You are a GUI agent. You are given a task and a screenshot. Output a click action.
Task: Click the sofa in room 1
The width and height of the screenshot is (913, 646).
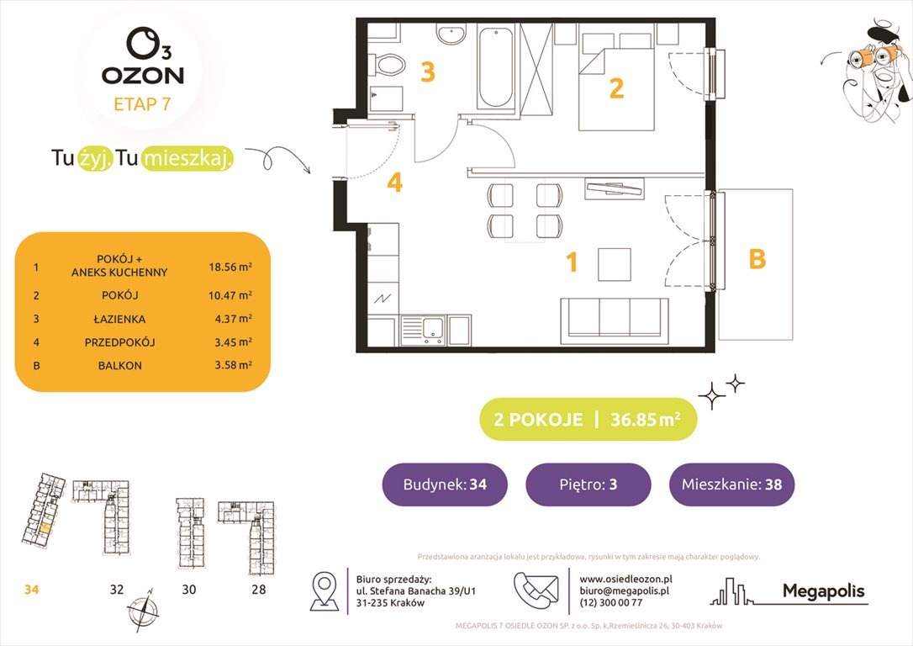click(x=614, y=317)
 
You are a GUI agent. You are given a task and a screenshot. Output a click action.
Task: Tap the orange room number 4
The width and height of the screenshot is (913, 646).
click(x=395, y=183)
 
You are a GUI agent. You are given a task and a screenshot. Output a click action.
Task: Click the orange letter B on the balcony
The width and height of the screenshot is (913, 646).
click(x=757, y=260)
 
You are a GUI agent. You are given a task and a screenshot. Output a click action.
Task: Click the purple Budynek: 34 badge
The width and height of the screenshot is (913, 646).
click(x=445, y=484)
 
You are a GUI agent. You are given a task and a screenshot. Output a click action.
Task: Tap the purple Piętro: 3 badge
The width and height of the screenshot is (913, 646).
click(x=588, y=484)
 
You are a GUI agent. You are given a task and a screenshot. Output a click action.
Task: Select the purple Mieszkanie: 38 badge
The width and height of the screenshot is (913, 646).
click(x=731, y=484)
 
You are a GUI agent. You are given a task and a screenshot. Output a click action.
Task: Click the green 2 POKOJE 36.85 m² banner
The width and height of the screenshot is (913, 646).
click(x=588, y=420)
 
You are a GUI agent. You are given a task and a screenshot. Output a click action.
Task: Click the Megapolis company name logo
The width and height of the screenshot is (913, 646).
click(x=823, y=591)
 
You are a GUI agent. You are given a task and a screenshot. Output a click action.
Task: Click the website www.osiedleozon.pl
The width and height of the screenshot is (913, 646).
click(x=625, y=580)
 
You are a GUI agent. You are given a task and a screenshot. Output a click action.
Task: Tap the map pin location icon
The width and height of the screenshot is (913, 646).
click(x=325, y=590)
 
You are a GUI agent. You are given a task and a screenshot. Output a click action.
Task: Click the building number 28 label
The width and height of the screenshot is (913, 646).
click(x=258, y=590)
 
